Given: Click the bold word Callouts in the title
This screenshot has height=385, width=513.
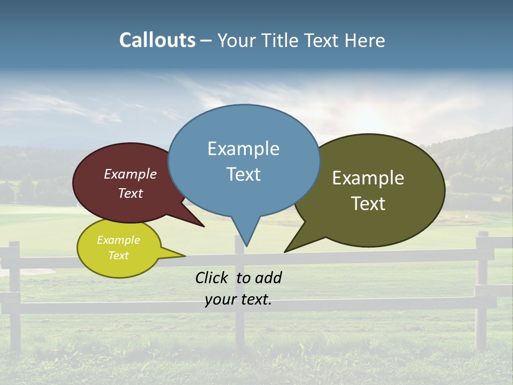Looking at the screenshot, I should tap(157, 40).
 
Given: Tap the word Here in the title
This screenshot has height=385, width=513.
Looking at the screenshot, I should tap(364, 40).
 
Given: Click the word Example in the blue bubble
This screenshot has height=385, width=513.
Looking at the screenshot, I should tap(243, 149).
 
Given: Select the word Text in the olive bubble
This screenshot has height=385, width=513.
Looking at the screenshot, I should tap(368, 203).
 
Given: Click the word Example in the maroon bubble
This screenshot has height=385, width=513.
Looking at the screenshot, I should tap(130, 174).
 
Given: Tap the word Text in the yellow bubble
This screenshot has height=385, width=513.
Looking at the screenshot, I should tap(118, 256).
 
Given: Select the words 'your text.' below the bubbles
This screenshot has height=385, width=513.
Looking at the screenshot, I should tap(238, 299).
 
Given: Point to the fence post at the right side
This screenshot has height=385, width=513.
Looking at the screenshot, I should tap(481, 289).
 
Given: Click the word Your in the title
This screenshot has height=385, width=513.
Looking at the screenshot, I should tap(237, 40).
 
